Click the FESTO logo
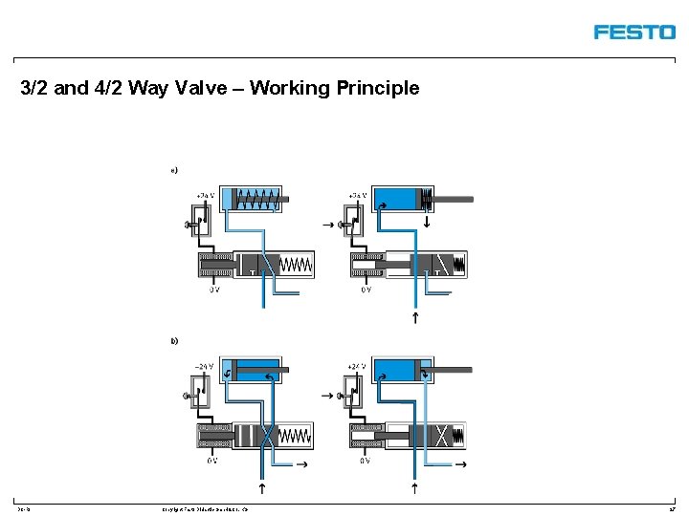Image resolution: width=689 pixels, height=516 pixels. tap(633, 32)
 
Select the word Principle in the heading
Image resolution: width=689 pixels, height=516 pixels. tap(380, 89)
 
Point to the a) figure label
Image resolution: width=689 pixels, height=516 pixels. tap(174, 170)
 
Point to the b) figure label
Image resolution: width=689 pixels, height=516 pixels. tap(174, 340)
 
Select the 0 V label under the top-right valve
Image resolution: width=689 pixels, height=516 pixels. tap(366, 290)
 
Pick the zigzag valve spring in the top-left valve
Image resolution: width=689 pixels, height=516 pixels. tap(297, 264)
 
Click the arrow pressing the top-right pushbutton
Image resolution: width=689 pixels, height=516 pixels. tap(328, 226)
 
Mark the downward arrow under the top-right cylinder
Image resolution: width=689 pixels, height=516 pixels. tap(427, 224)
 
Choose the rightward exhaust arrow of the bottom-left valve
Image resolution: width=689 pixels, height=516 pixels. tap(303, 464)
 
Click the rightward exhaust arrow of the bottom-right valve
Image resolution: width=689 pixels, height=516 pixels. tap(460, 464)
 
